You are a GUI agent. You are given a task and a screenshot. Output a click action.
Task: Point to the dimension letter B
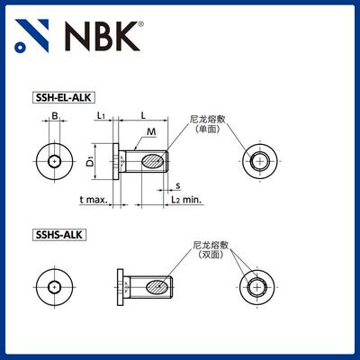(54, 116)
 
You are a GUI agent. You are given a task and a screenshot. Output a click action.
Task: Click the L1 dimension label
(103, 116)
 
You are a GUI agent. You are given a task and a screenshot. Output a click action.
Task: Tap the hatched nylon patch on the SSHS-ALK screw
(154, 287)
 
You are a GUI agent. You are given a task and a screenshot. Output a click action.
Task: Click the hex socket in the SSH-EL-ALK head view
(55, 162)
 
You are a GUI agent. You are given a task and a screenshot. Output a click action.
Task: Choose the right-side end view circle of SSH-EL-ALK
(260, 162)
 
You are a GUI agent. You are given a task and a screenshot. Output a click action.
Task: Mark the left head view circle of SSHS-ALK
(55, 287)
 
